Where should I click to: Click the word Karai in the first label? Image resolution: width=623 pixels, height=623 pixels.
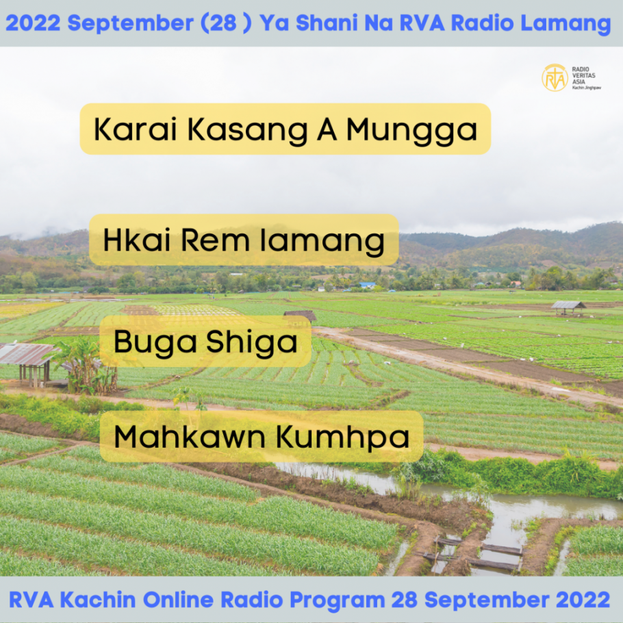(x=135, y=129)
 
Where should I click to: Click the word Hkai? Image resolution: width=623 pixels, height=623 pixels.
(x=137, y=240)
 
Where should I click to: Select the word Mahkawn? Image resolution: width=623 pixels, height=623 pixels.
(x=190, y=437)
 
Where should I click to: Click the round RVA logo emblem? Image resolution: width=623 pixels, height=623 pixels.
(x=555, y=78)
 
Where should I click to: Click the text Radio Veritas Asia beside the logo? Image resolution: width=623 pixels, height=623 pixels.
(x=583, y=75)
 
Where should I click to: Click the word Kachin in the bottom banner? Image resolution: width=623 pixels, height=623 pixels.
(x=98, y=599)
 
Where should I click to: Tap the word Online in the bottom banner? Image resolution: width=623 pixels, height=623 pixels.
(x=178, y=599)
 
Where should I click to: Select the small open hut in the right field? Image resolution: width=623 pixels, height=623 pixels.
(x=568, y=307)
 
